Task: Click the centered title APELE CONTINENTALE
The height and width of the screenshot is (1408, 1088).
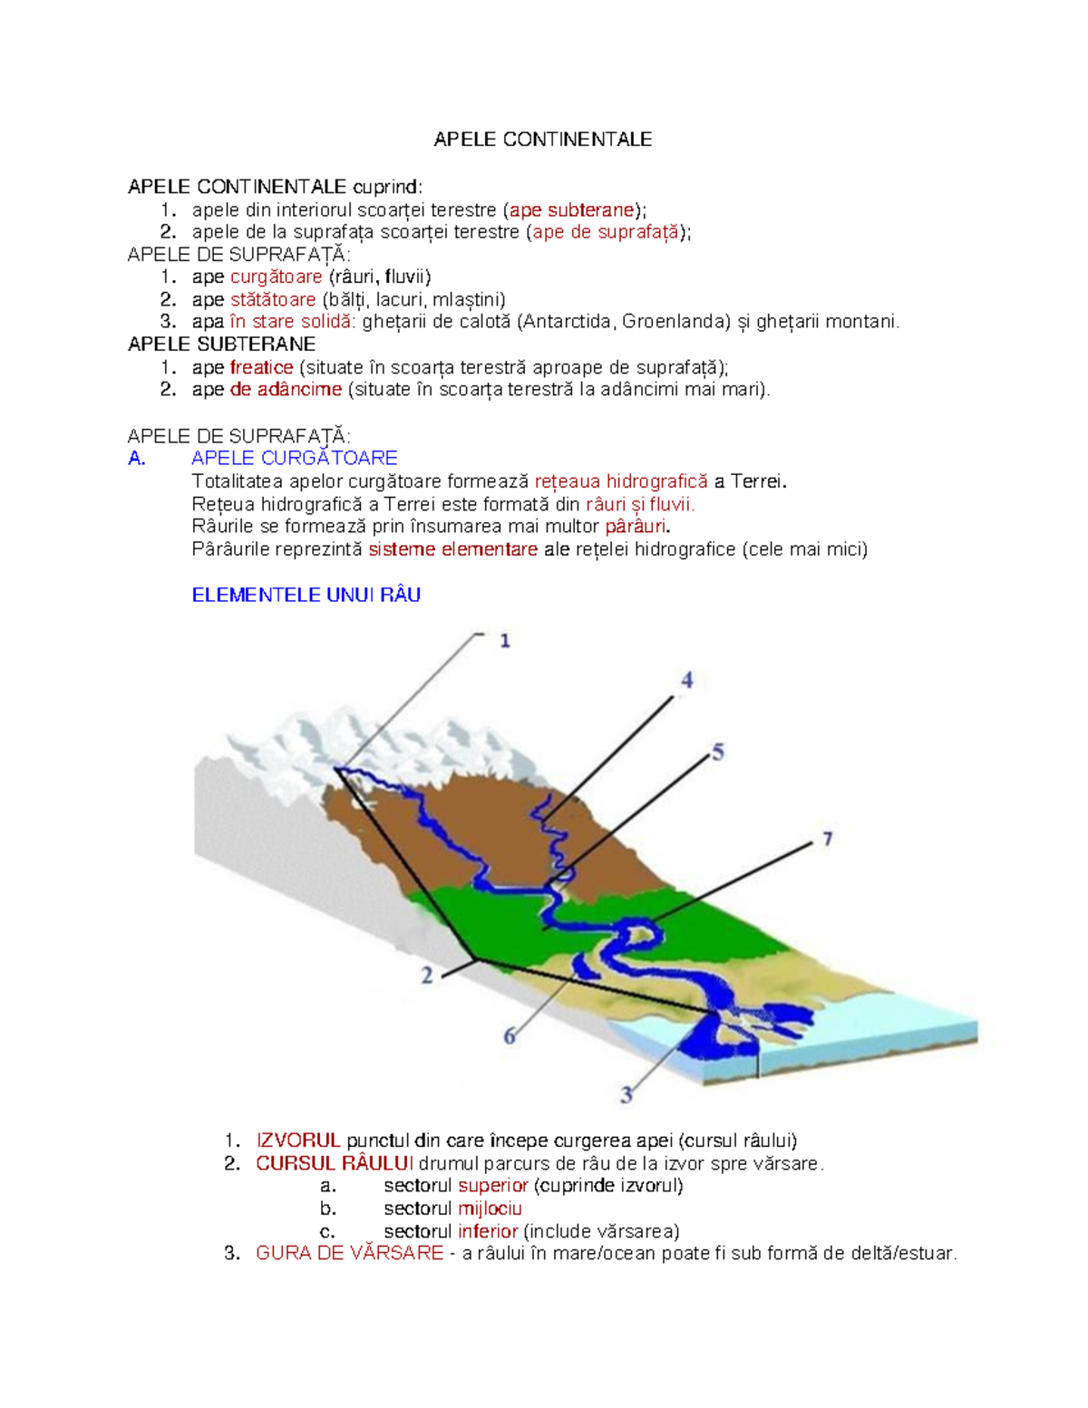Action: [x=542, y=140]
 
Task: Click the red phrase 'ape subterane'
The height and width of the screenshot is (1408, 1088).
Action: [x=571, y=210]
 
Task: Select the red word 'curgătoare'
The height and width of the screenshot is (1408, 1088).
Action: [x=276, y=277]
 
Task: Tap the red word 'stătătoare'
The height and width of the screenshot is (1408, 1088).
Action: [x=273, y=300]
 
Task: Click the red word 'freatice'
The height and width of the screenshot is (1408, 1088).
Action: [x=261, y=367]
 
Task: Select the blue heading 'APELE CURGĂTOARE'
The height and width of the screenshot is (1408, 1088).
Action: [x=295, y=459]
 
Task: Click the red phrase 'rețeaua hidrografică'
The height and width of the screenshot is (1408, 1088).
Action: [x=621, y=481]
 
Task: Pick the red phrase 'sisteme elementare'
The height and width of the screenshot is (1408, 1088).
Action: [x=452, y=549]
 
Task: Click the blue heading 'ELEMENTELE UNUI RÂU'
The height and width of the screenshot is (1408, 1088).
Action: [x=306, y=596]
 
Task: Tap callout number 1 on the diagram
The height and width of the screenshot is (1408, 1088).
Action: [x=505, y=641]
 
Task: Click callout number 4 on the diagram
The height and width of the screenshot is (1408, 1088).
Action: [x=686, y=680]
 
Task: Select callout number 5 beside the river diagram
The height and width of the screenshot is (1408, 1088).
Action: [x=718, y=753]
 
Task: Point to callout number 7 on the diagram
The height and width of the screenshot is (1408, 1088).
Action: [x=827, y=840]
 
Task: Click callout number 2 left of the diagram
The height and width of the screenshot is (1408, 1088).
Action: [x=426, y=976]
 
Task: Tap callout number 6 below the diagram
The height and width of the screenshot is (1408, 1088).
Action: [x=510, y=1035]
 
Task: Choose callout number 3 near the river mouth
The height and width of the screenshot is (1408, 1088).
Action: [x=626, y=1095]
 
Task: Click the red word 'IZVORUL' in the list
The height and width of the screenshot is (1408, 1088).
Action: [x=297, y=1141]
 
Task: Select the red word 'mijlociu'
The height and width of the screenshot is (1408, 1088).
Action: [x=490, y=1209]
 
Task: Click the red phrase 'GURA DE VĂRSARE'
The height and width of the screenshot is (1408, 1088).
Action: [x=349, y=1254]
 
